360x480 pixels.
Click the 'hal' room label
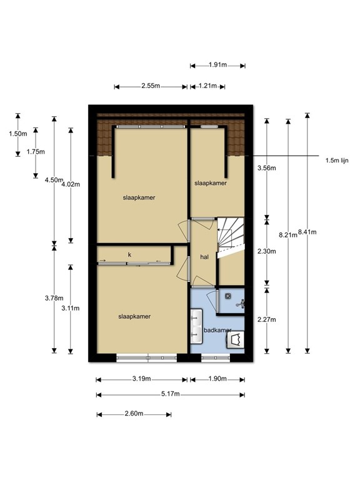(x=204, y=257)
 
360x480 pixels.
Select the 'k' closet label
(x=130, y=254)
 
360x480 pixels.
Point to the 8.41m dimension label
(x=307, y=232)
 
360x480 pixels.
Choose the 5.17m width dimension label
(x=169, y=394)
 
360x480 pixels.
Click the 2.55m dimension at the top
(x=150, y=86)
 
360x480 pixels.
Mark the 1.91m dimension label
(x=217, y=64)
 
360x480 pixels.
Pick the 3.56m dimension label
(x=266, y=167)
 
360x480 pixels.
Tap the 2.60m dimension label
(x=134, y=414)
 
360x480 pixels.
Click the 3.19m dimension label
(x=141, y=379)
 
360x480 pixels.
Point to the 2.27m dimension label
(x=266, y=319)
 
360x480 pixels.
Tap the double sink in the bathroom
(x=195, y=329)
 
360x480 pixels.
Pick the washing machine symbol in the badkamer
(x=236, y=340)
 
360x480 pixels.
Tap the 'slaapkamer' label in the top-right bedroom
(x=211, y=183)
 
